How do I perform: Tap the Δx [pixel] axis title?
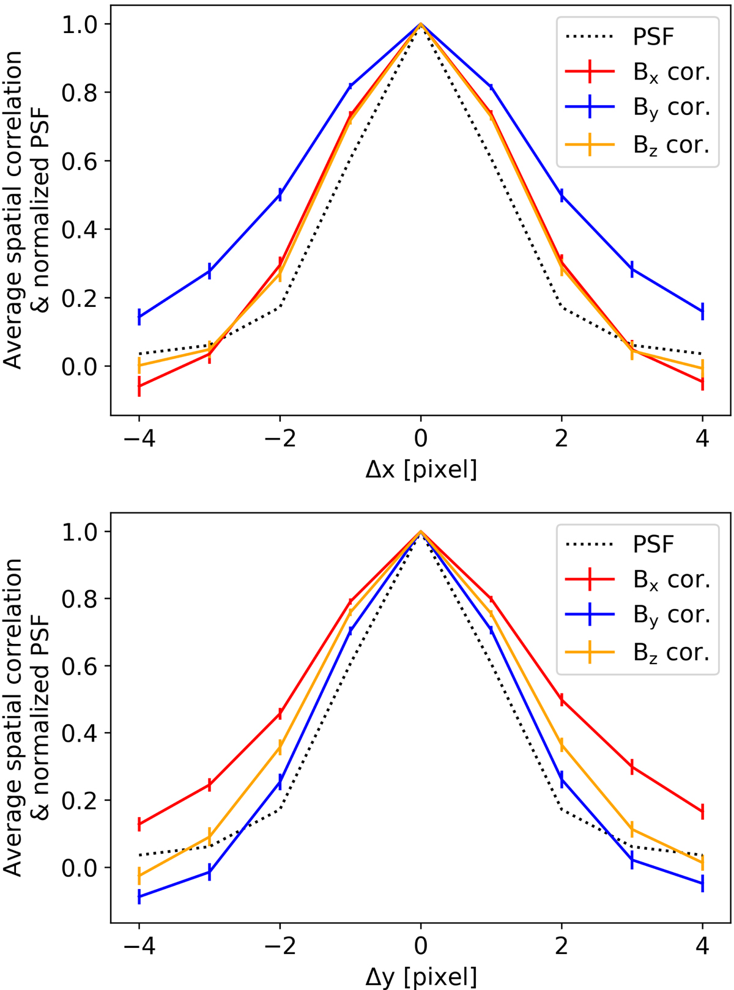pyautogui.click(x=420, y=470)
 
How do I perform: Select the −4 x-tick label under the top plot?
pyautogui.click(x=139, y=439)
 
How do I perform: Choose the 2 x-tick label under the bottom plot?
pyautogui.click(x=562, y=947)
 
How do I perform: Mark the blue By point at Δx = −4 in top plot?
pyautogui.click(x=139, y=316)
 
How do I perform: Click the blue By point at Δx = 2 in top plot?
pyautogui.click(x=562, y=195)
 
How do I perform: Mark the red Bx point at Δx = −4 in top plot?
pyautogui.click(x=139, y=387)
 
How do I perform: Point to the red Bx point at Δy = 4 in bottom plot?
pyautogui.click(x=702, y=811)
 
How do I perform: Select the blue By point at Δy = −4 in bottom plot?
pyautogui.click(x=139, y=897)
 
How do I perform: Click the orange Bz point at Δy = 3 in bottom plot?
pyautogui.click(x=632, y=829)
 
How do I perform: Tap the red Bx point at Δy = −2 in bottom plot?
pyautogui.click(x=280, y=713)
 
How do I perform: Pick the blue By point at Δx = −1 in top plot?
pyautogui.click(x=350, y=86)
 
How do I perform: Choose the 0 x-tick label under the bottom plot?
pyautogui.click(x=420, y=947)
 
